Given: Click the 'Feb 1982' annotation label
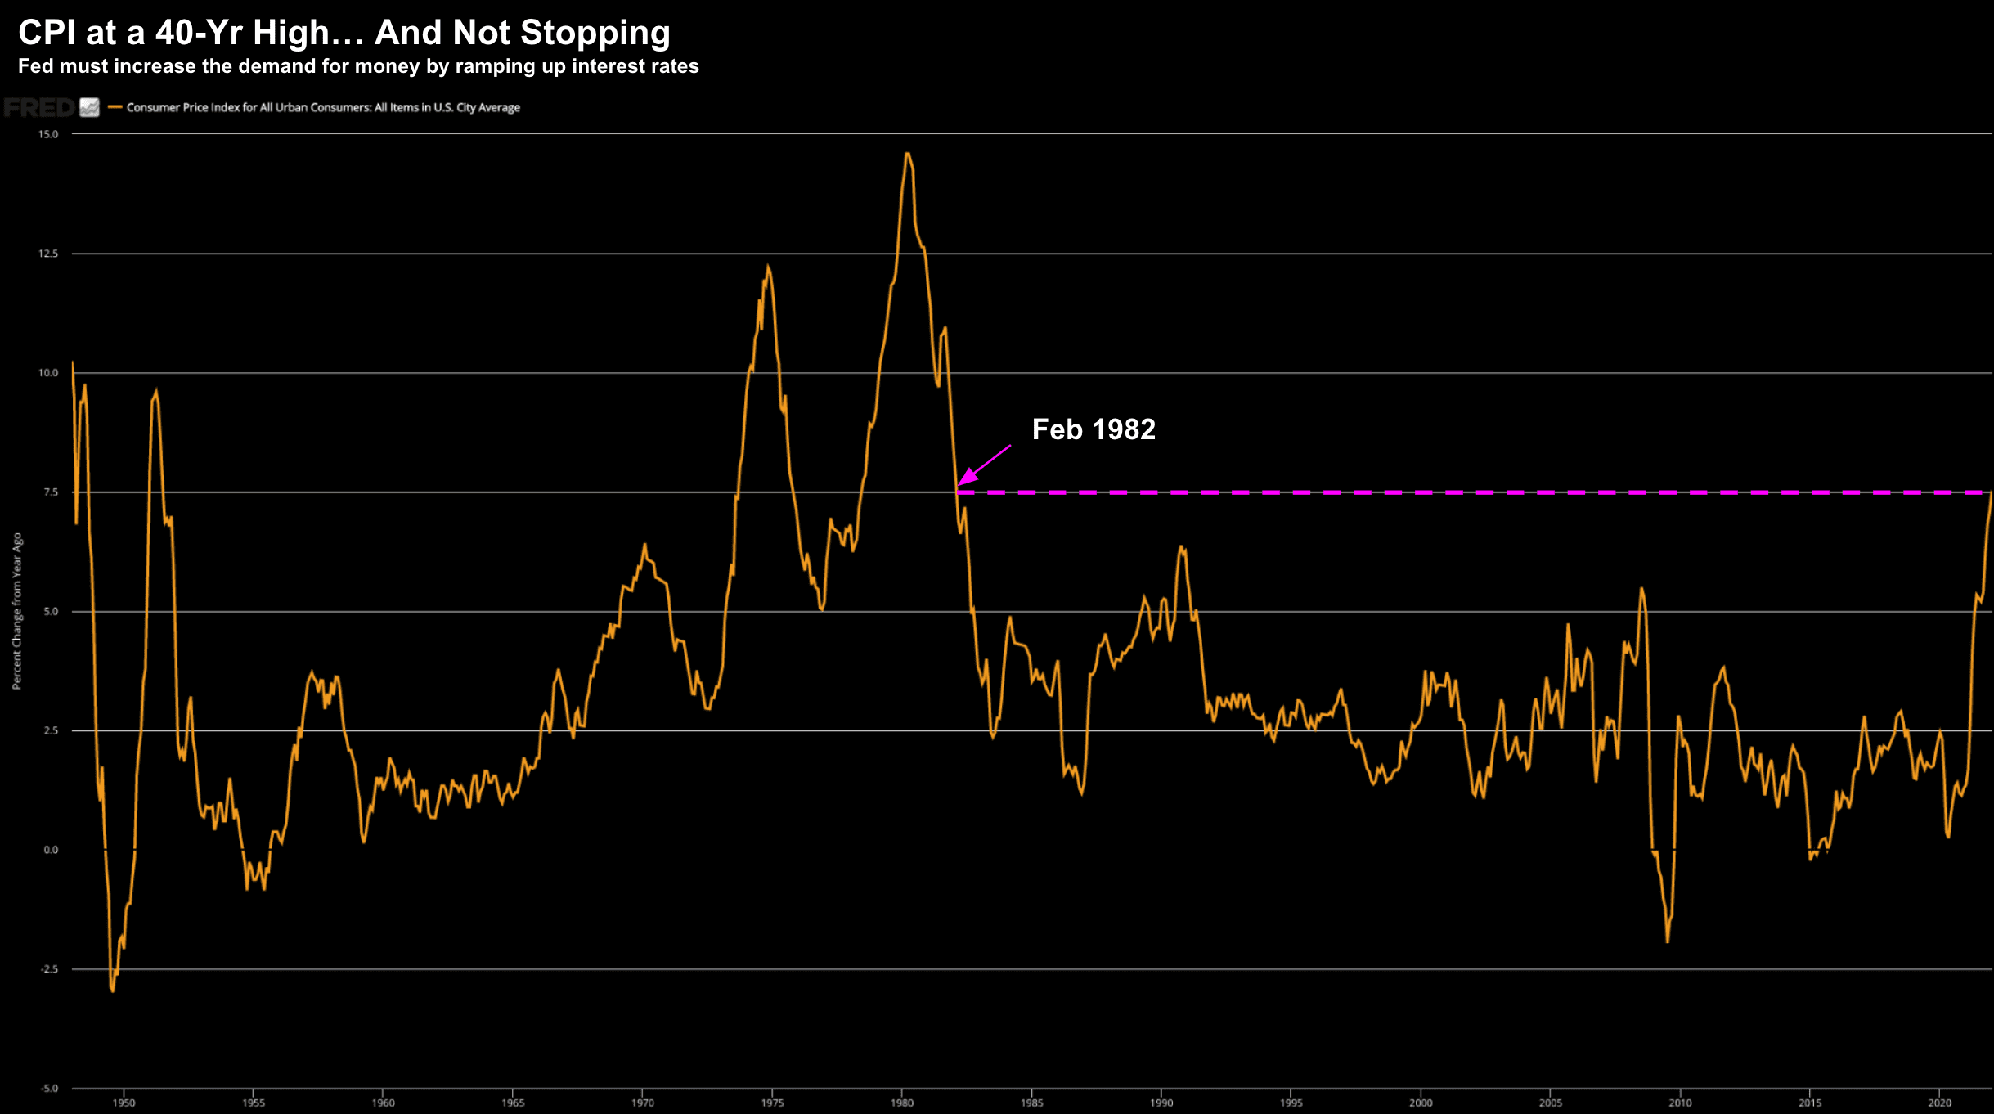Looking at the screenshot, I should click(x=1093, y=429).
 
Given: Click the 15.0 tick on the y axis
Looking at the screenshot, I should click(x=48, y=134).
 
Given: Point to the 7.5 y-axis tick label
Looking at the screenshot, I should click(x=51, y=492).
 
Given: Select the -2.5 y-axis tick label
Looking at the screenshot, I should click(x=49, y=969).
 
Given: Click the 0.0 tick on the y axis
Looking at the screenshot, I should click(x=51, y=850).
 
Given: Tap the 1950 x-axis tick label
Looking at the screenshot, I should click(x=124, y=1103).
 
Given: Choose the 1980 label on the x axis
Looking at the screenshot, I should click(x=902, y=1103).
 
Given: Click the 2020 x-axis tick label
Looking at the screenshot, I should click(x=1939, y=1103).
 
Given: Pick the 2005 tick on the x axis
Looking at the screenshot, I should click(x=1550, y=1103).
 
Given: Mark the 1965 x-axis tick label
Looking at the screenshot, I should click(x=513, y=1103).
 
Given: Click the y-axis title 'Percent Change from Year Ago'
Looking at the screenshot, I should click(x=16, y=611).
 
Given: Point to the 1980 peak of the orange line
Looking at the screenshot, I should click(x=907, y=154).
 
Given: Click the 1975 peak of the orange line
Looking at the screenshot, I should click(x=767, y=267).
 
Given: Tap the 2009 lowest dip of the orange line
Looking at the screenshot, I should click(x=1667, y=941).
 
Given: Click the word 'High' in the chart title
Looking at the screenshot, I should click(x=290, y=33).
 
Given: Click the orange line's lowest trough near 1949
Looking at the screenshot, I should click(x=112, y=990).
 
